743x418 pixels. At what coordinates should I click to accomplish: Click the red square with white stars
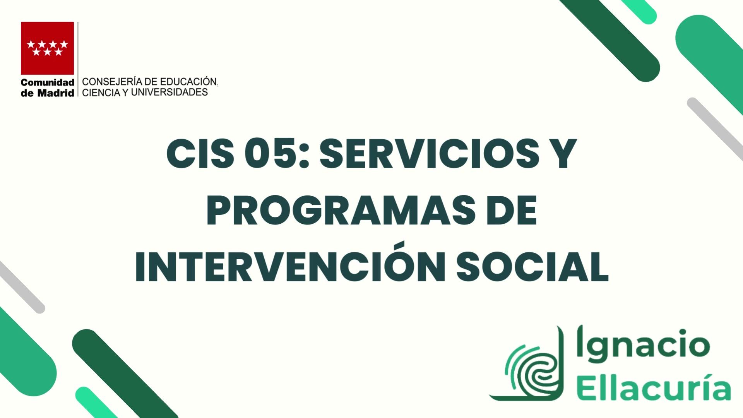click(x=47, y=48)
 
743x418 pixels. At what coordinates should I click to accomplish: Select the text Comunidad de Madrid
click(x=47, y=88)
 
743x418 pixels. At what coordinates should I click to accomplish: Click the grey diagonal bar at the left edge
click(x=21, y=287)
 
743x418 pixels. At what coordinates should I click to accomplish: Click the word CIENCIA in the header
click(x=99, y=92)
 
